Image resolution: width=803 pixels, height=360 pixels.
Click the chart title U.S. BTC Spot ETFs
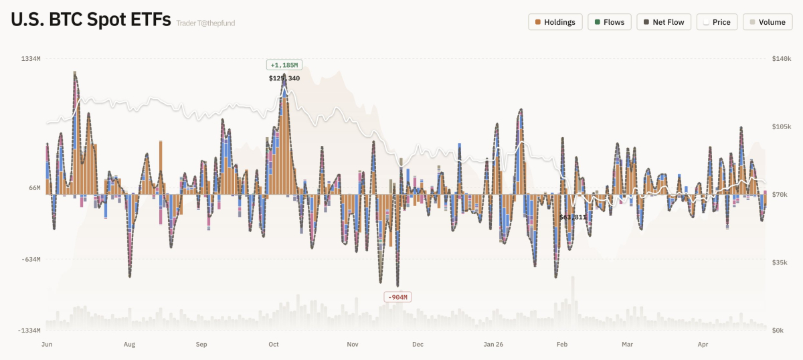pos(90,20)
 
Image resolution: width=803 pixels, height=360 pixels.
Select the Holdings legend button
pos(555,22)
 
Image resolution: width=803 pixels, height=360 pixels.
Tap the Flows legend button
pos(609,22)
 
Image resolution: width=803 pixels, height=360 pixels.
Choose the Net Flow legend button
pos(663,22)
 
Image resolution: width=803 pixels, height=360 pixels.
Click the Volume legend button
pos(767,22)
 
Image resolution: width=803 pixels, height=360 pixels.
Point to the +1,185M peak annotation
pos(284,65)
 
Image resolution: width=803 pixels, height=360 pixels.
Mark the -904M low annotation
pos(397,297)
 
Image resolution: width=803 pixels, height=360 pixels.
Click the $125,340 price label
pos(284,78)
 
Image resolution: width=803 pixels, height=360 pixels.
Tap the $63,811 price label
pos(573,217)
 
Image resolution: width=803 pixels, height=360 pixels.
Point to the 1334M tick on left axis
pos(31,59)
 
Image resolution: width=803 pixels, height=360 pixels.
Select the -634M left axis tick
pos(31,260)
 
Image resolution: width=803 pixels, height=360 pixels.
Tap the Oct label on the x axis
pos(273,345)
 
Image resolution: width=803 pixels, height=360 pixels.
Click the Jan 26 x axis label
pos(493,345)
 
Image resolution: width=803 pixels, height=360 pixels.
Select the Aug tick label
pos(129,345)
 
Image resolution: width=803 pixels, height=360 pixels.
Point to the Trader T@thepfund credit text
pos(205,23)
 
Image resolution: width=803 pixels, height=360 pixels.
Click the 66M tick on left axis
pos(34,188)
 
